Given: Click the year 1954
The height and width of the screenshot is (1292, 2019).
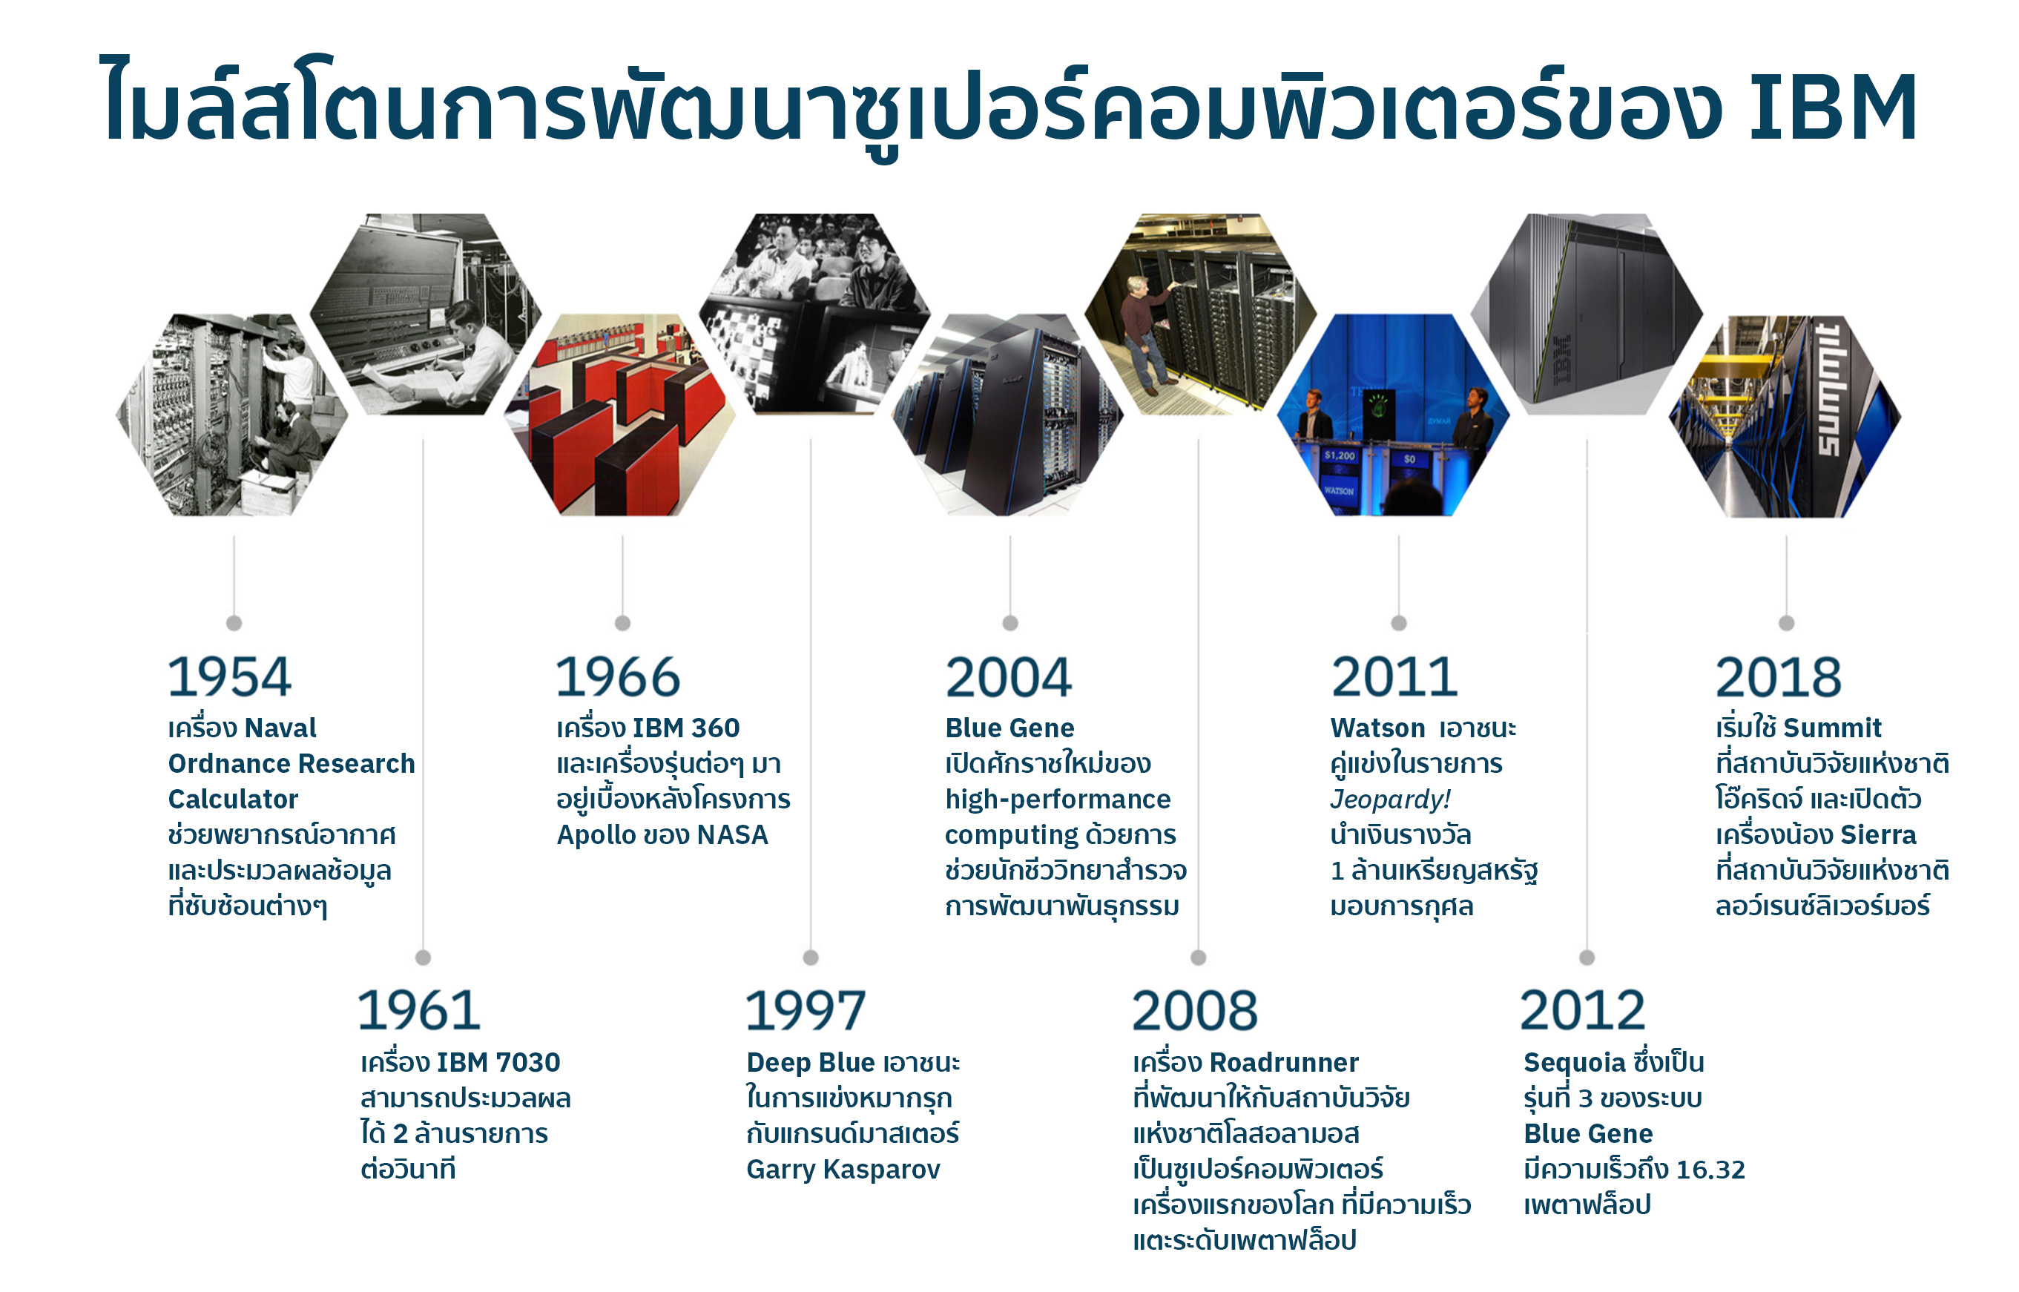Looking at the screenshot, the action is pos(230,677).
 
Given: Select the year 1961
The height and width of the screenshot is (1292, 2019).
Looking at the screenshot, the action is pos(419,1010).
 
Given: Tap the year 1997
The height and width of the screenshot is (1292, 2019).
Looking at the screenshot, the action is pos(806,1010).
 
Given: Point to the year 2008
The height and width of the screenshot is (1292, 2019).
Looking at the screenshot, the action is pos(1194,1010).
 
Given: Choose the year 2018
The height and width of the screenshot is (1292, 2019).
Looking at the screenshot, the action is pos(1778,677).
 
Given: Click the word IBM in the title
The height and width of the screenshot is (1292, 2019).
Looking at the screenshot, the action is pos(1834,108).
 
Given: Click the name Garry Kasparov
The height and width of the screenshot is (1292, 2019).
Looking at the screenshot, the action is pos(843,1170).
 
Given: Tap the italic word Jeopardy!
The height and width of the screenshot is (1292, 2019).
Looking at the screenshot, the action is pos(1390,800).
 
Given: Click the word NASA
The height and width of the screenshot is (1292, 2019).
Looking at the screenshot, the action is pos(732,836).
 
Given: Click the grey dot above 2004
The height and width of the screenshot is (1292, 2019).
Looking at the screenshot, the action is pos(1010,623).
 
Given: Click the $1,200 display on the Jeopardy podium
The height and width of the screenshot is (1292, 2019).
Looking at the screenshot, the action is pos(1340,455).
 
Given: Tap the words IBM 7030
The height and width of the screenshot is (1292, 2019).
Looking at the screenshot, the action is pos(498,1063).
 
